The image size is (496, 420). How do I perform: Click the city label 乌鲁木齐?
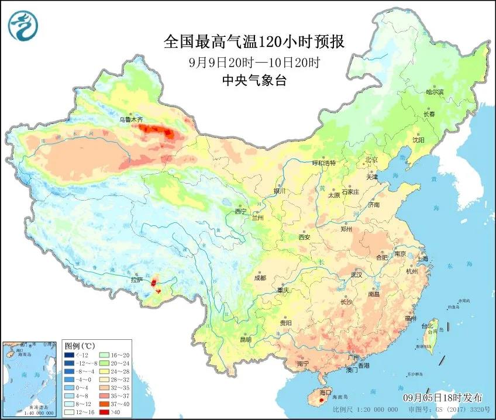[131, 119]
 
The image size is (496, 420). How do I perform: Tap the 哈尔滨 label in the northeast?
[435, 92]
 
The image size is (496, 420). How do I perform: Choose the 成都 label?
[260, 278]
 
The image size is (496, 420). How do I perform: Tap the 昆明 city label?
[245, 339]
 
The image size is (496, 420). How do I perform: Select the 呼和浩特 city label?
[324, 163]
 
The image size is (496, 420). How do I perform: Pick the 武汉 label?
[356, 274]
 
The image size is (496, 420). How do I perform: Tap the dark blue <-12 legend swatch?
[70, 354]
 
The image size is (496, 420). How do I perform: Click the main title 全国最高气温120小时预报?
[253, 42]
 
